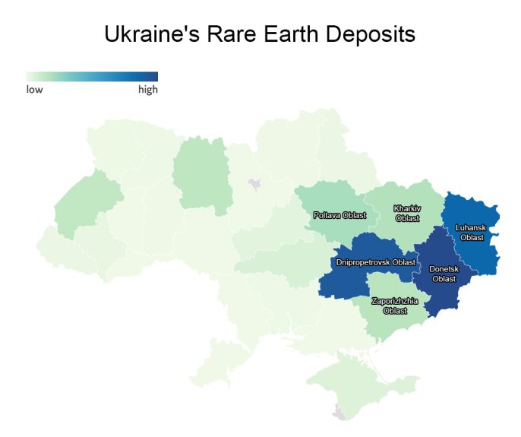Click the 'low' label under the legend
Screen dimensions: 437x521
point(35,90)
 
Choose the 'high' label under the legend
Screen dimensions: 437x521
point(147,90)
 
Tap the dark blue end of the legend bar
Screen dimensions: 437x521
point(152,76)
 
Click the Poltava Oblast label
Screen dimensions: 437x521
point(339,215)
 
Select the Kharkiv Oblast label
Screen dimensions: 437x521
point(407,213)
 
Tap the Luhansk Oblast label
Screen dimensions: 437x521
point(472,232)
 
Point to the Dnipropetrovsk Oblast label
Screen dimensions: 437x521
point(375,262)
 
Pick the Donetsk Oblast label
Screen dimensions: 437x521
point(444,274)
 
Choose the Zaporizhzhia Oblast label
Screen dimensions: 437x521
point(394,306)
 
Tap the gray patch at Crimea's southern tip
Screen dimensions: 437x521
point(339,413)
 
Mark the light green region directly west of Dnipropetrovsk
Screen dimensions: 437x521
point(281,258)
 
